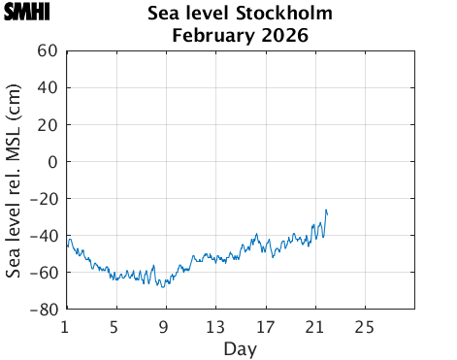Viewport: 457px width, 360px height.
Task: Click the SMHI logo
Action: (27, 13)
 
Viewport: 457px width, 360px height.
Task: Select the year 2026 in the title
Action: (282, 36)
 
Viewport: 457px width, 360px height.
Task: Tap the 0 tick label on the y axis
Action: (52, 162)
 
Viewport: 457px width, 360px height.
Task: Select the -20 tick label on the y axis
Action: (44, 199)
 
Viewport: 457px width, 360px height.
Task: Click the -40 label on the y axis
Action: (44, 236)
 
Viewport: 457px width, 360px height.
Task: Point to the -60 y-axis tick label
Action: (44, 273)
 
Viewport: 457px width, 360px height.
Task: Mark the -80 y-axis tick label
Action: (44, 310)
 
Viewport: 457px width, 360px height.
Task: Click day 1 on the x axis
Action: (65, 325)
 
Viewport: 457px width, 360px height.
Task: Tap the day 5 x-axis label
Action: (115, 325)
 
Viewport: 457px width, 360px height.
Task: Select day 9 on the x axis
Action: (165, 325)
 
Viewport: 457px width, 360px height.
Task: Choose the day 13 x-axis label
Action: (214, 325)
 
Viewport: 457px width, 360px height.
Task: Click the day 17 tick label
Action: (265, 325)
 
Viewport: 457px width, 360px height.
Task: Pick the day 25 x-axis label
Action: (365, 325)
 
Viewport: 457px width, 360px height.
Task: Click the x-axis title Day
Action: (240, 347)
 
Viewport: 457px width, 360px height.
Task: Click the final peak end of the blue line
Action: (327, 210)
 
